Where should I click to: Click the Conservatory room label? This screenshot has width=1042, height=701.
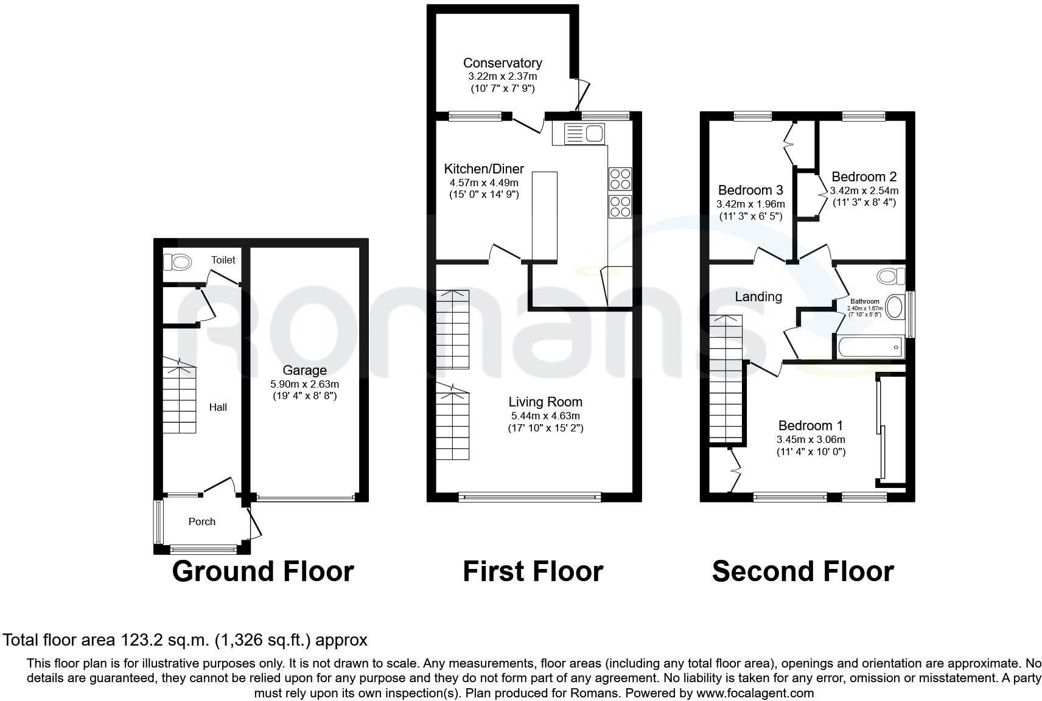tap(502, 63)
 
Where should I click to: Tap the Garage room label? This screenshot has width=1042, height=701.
tap(304, 370)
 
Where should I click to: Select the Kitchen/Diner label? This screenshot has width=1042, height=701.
tap(484, 169)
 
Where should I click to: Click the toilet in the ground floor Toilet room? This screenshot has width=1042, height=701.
tap(178, 262)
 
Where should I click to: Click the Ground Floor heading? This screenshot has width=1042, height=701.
tap(263, 571)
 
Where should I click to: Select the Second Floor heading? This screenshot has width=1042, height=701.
tap(802, 571)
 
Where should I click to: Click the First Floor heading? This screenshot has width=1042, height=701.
tap(533, 571)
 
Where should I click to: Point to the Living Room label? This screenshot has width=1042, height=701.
tap(545, 402)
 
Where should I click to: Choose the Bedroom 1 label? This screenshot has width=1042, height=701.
tap(810, 425)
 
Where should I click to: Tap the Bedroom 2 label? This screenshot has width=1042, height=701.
tap(864, 176)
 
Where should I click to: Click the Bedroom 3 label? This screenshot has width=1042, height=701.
tap(750, 190)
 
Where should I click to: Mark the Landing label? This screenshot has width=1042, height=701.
tap(758, 296)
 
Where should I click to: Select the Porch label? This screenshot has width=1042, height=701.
tap(202, 521)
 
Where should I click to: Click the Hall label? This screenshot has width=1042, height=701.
tap(218, 407)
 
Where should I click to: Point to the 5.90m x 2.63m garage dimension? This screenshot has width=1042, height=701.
tap(304, 385)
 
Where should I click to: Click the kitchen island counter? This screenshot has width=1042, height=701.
tap(545, 217)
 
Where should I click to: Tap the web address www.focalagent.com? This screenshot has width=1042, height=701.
tap(755, 693)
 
